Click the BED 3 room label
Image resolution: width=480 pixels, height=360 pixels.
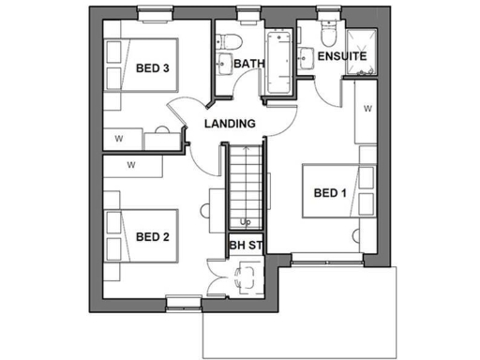[152, 67]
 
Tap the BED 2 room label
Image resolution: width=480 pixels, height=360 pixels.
[152, 236]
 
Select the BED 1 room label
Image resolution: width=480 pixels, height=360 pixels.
[330, 194]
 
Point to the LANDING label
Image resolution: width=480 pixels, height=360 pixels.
[230, 124]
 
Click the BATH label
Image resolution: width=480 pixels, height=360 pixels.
[249, 64]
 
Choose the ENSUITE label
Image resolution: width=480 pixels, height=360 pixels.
[342, 57]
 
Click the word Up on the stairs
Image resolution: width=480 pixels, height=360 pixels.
[245, 222]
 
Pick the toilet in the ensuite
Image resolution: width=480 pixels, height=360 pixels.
[326, 36]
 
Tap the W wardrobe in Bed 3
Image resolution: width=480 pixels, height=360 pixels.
[119, 139]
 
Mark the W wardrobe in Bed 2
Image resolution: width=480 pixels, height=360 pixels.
[131, 165]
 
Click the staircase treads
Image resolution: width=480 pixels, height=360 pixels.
[245, 183]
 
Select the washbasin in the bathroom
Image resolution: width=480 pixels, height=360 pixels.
[224, 65]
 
